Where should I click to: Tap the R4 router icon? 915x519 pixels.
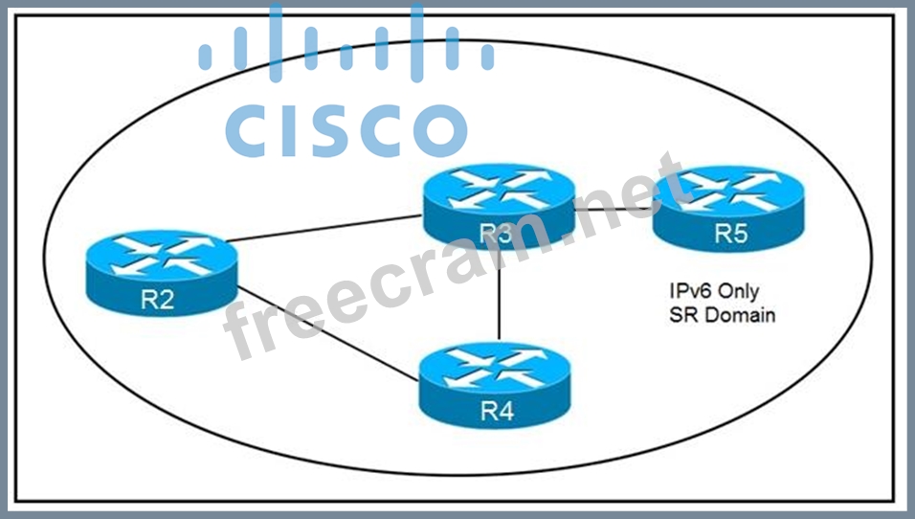tap(494, 386)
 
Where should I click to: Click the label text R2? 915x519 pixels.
tap(157, 300)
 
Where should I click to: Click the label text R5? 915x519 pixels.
tap(728, 235)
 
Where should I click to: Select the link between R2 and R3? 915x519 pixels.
tap(325, 229)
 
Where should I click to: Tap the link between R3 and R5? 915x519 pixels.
tap(613, 208)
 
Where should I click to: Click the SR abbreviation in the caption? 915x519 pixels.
tap(681, 314)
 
